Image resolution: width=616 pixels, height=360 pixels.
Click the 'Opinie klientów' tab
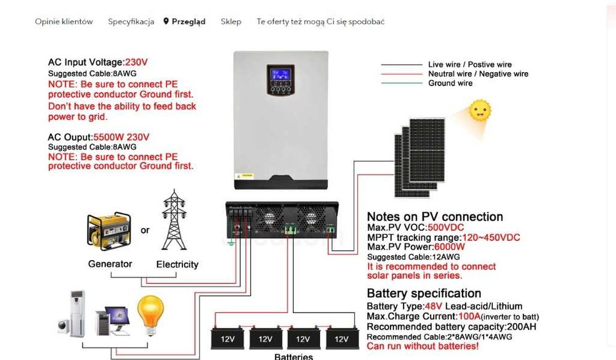63,22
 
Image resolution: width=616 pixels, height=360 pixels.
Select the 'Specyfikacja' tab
131,22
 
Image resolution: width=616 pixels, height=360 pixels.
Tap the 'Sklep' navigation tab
231,22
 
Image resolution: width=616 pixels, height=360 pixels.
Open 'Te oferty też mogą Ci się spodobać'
320,22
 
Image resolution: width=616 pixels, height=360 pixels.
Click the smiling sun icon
479,111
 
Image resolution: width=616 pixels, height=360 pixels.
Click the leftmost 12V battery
228,338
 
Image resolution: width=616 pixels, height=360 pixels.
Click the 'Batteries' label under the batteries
293,356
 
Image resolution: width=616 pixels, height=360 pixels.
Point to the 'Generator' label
110,264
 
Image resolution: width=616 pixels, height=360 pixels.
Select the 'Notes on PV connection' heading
435,216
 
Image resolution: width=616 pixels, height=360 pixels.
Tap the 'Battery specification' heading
424,293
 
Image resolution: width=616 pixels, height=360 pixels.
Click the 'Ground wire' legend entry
450,83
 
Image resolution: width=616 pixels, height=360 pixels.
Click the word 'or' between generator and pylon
145,230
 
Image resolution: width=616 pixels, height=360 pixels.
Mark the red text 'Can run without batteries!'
423,346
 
